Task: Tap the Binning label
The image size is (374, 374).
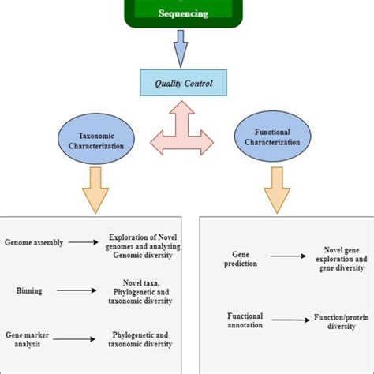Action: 28,291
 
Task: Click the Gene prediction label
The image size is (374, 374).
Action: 240,260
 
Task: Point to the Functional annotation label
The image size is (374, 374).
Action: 245,320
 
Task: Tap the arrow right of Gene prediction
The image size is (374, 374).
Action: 289,256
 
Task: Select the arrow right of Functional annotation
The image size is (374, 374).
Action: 289,320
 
